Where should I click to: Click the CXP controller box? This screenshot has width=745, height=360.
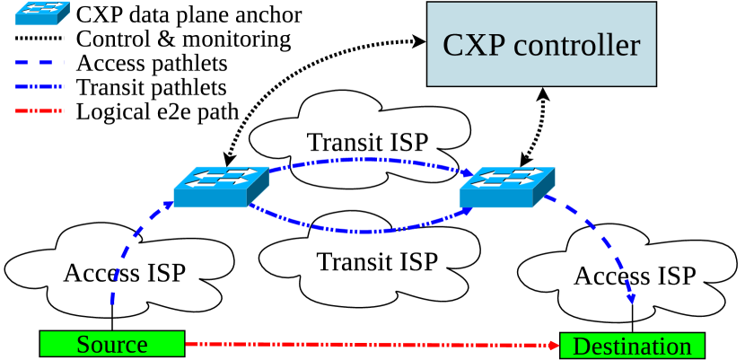coord(541,45)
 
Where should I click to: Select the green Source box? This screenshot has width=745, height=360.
coord(112,344)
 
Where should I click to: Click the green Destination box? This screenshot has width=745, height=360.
coord(632,346)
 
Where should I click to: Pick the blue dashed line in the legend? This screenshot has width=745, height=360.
coord(40,63)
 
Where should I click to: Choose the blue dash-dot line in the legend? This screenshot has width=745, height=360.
coord(40,87)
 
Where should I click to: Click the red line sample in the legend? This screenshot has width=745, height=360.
coord(40,111)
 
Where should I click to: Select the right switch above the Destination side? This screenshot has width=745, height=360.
coord(507,187)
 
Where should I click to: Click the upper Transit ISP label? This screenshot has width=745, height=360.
coord(367,142)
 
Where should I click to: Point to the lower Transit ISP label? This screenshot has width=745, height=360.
coord(377,261)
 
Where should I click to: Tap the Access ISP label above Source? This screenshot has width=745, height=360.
coord(124,272)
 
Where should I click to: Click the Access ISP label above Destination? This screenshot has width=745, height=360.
coord(635,275)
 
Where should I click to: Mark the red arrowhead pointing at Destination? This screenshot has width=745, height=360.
coord(554,344)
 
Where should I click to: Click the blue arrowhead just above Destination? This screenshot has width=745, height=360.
coord(632,299)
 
